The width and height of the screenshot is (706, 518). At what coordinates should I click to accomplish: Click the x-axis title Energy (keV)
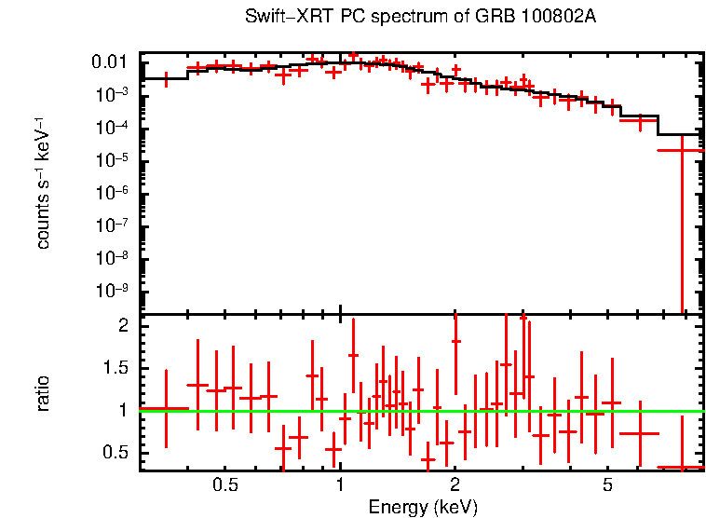pyautogui.click(x=422, y=508)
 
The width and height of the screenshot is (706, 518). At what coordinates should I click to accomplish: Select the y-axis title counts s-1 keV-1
pyautogui.click(x=43, y=184)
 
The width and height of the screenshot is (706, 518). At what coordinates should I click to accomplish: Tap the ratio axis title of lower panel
pyautogui.click(x=43, y=392)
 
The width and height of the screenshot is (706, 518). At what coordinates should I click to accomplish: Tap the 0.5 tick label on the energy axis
pyautogui.click(x=225, y=485)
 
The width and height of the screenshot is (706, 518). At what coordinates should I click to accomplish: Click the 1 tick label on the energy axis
pyautogui.click(x=340, y=485)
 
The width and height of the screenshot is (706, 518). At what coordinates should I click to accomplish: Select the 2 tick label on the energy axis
pyautogui.click(x=455, y=485)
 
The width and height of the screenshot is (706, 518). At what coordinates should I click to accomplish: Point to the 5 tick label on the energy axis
pyautogui.click(x=606, y=485)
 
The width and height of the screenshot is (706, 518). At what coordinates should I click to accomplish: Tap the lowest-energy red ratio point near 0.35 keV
pyautogui.click(x=166, y=408)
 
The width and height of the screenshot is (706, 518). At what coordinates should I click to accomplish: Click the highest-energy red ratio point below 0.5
pyautogui.click(x=682, y=467)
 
